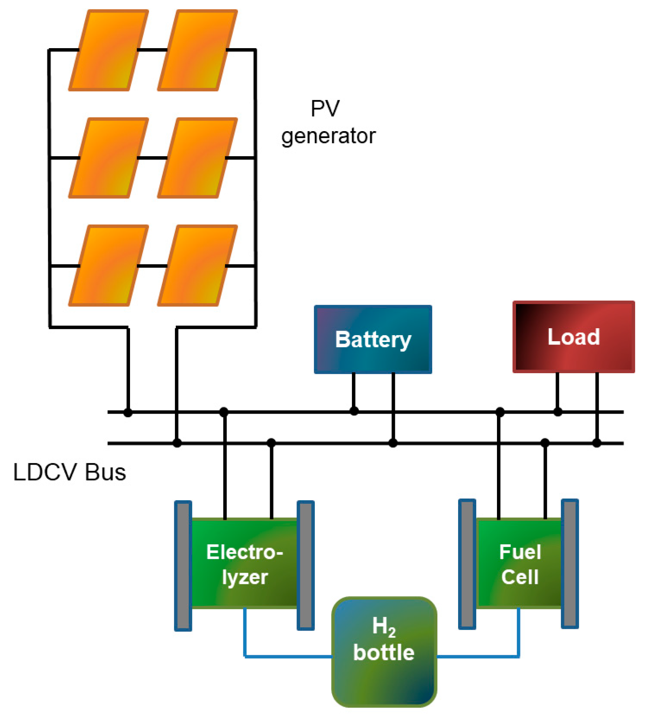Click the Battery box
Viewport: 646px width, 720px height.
(x=373, y=339)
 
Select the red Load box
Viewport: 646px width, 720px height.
(x=573, y=336)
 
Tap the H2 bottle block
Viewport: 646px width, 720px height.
(x=384, y=651)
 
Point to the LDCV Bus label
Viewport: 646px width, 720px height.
(x=69, y=472)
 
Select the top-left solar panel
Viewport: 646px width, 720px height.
(x=109, y=50)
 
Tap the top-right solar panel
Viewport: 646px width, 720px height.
(x=197, y=50)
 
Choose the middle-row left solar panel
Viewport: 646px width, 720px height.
(x=109, y=158)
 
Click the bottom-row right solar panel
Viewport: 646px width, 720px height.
(x=197, y=265)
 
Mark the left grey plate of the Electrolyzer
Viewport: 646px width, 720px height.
(x=183, y=565)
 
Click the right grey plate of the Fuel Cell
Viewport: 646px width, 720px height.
(x=569, y=563)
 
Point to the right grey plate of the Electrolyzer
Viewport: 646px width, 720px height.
(x=306, y=565)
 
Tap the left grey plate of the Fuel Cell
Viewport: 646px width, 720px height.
(x=467, y=563)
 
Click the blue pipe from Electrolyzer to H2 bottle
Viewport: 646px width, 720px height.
(x=284, y=656)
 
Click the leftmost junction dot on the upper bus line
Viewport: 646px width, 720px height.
(x=128, y=412)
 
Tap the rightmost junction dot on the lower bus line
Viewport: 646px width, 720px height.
(x=597, y=443)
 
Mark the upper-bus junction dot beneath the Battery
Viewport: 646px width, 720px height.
(x=354, y=411)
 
